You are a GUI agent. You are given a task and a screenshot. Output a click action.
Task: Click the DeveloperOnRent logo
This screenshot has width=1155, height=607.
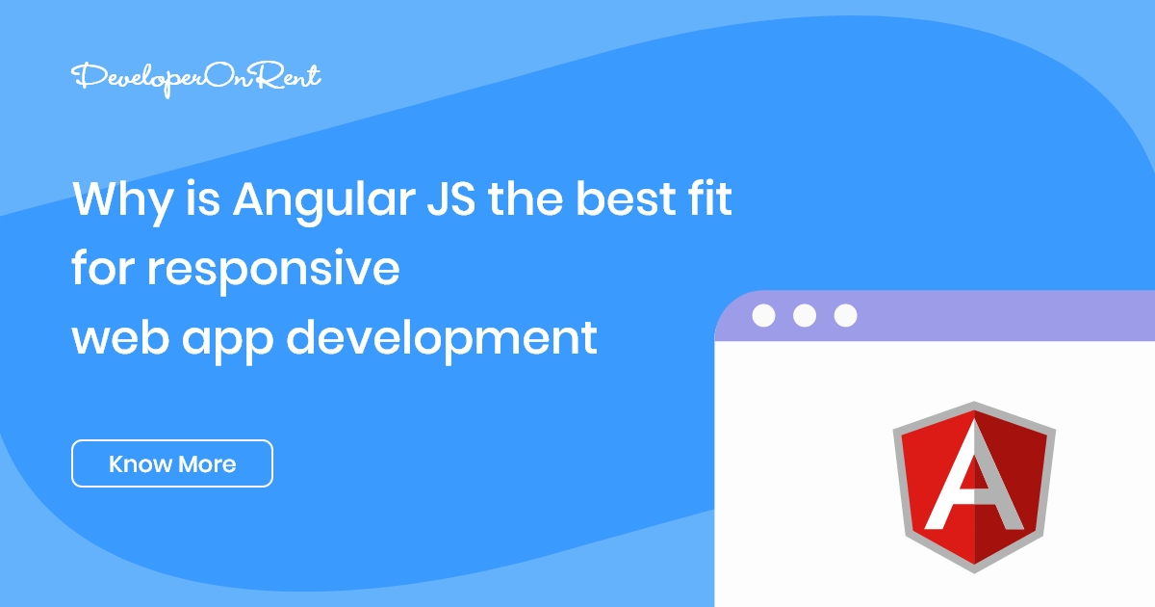(x=196, y=78)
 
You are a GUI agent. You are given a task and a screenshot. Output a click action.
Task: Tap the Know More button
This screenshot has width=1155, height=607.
(x=172, y=463)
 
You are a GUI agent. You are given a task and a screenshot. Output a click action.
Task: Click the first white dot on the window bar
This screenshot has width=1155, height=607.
(x=763, y=315)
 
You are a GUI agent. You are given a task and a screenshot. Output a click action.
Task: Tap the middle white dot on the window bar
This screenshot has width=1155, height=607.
(x=805, y=315)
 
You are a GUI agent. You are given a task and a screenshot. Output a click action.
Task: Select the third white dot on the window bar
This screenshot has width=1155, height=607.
(x=845, y=315)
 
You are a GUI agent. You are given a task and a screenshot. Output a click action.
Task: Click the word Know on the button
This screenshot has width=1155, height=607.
(x=139, y=464)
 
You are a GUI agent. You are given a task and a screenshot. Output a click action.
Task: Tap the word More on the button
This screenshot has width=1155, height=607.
(x=206, y=464)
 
